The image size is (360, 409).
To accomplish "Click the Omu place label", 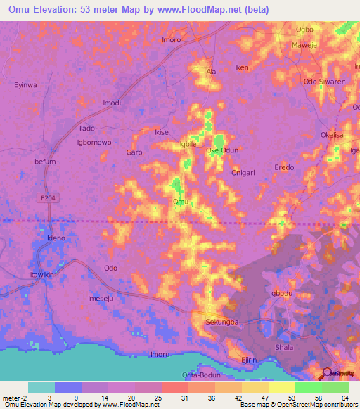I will pyautogui.click(x=180, y=202).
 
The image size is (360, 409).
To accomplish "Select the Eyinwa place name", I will pyautogui.click(x=25, y=85).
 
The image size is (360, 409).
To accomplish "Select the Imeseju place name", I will pyautogui.click(x=100, y=298).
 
